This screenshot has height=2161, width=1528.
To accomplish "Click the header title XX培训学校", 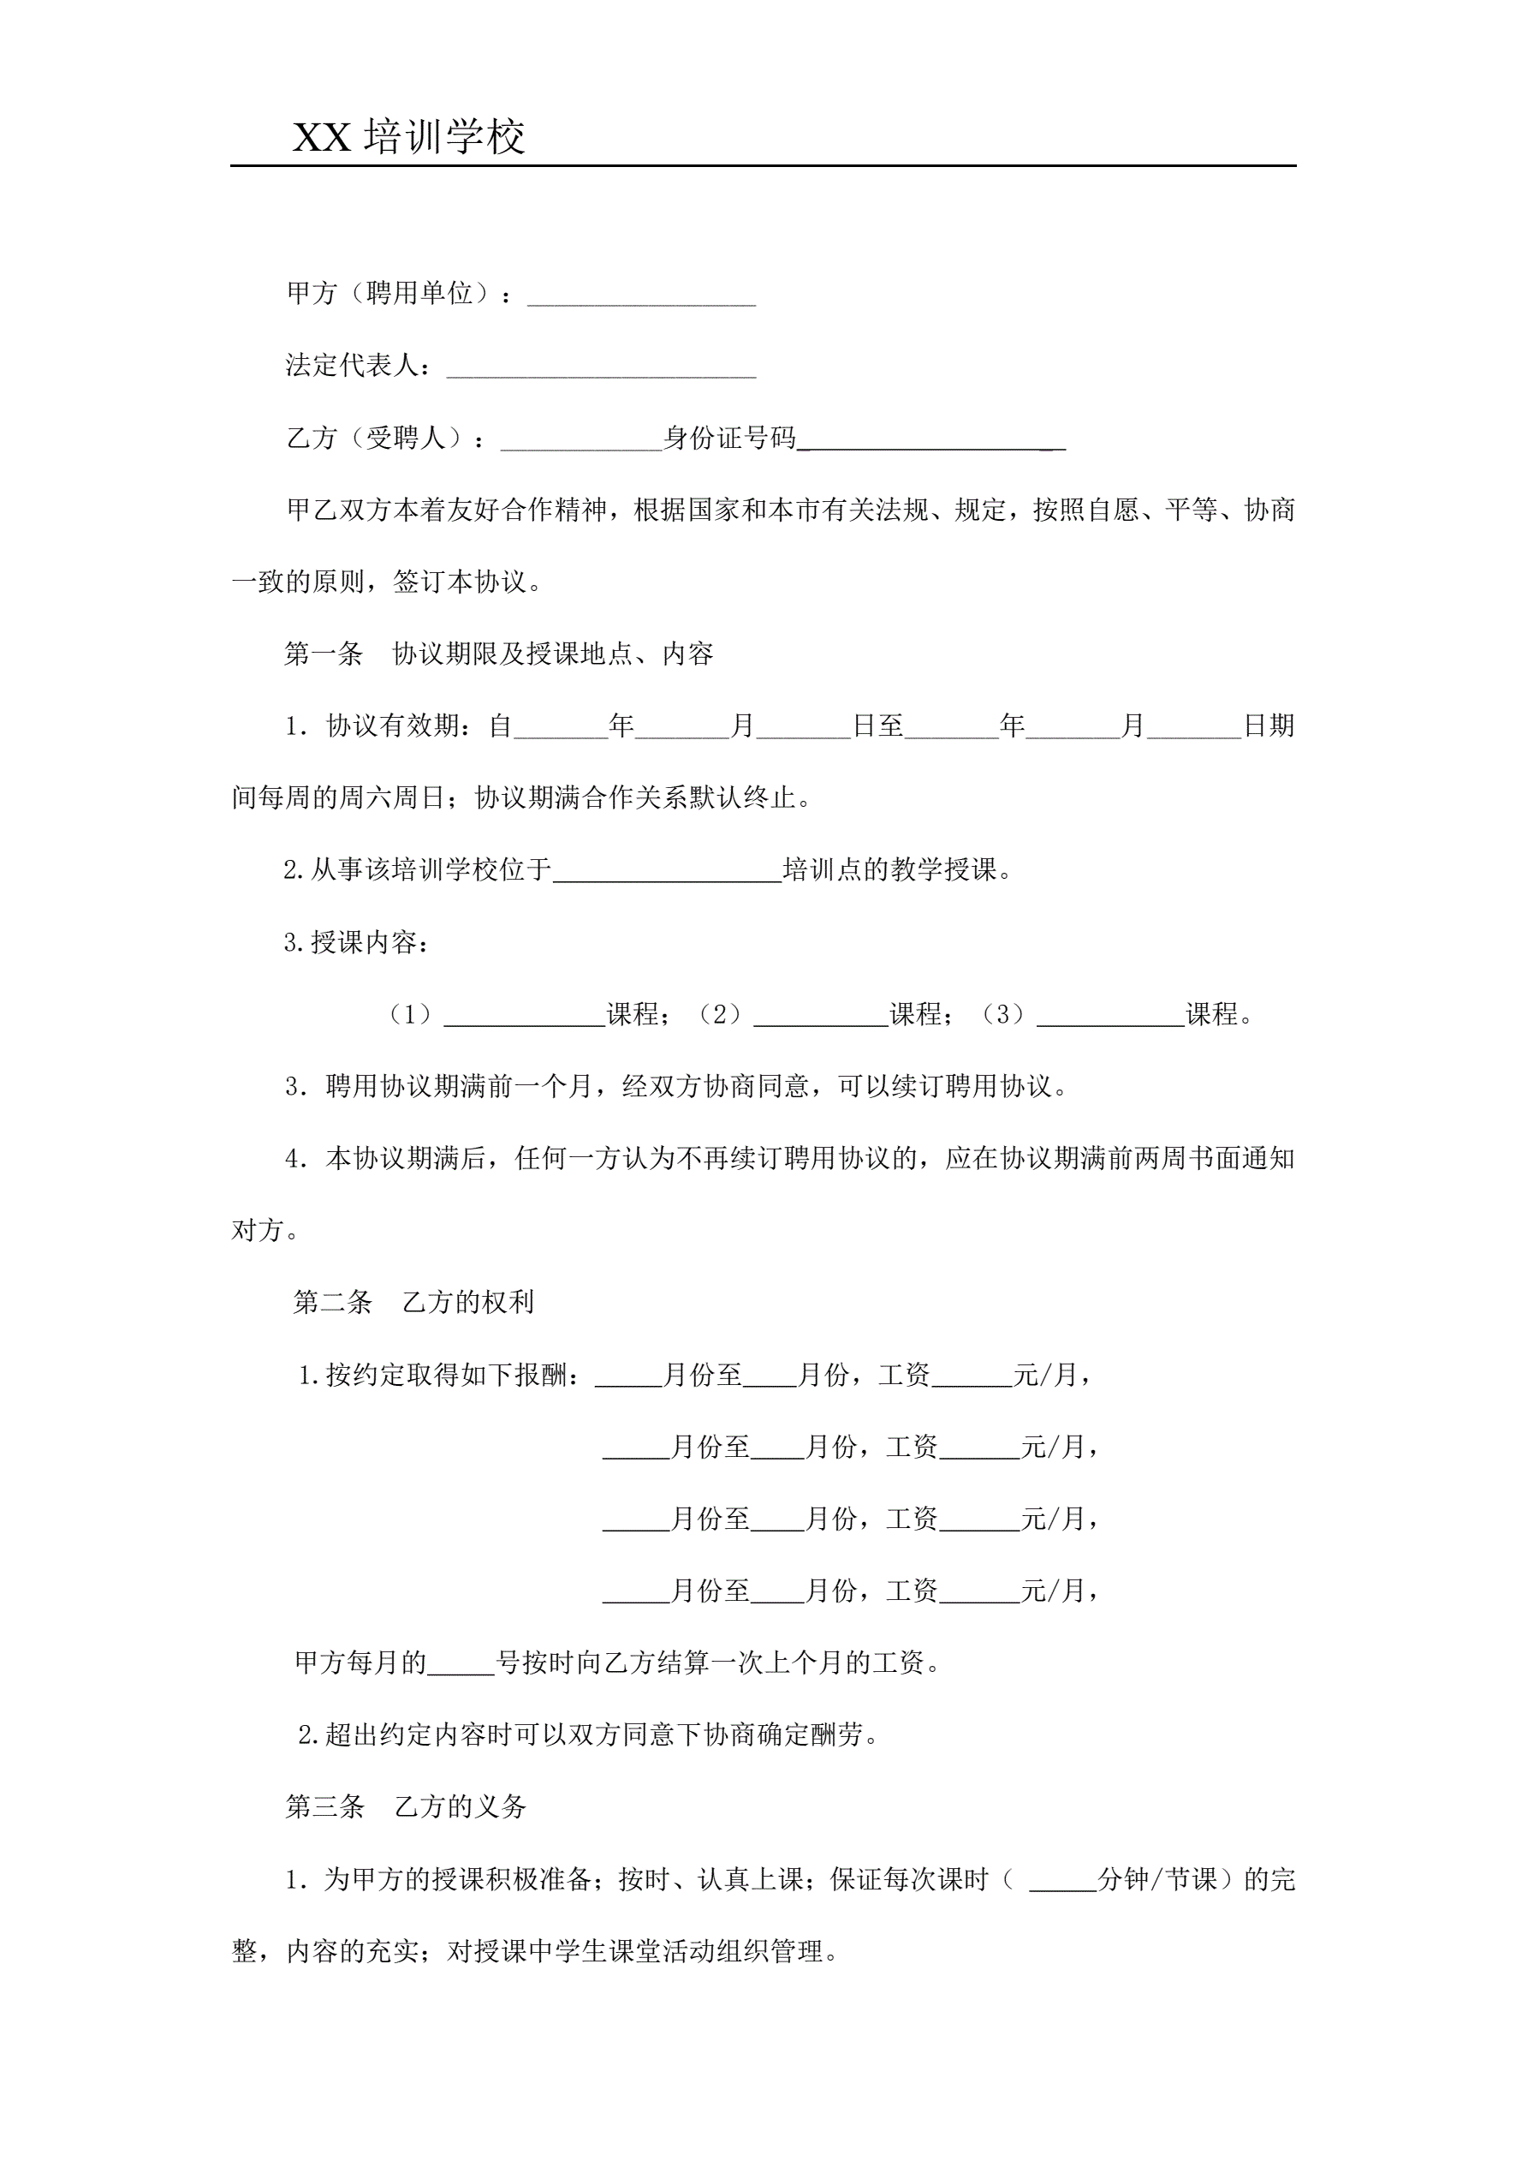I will (408, 137).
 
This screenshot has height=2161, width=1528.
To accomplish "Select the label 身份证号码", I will (729, 438).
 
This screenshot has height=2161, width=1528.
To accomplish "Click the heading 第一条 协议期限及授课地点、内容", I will (499, 654).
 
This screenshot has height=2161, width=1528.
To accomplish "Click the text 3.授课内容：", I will (357, 942).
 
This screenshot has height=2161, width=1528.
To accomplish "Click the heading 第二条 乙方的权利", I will (414, 1302).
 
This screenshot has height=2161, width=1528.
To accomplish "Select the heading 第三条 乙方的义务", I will (406, 1806).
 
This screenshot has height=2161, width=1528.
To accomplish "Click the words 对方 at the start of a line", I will (257, 1230).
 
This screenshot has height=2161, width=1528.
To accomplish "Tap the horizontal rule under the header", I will (763, 166).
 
